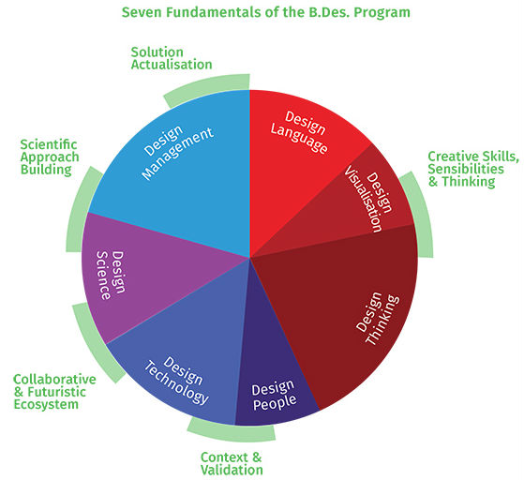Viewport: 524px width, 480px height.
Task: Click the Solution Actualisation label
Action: click(x=172, y=58)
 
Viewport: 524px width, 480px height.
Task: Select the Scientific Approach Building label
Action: click(x=50, y=157)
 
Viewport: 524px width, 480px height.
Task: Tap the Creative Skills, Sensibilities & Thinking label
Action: click(x=473, y=169)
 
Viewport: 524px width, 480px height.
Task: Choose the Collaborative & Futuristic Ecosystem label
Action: click(x=54, y=392)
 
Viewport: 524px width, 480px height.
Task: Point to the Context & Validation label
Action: click(x=232, y=463)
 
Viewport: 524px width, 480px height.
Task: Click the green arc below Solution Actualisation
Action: click(x=203, y=87)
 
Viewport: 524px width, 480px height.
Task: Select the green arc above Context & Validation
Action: click(x=231, y=432)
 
